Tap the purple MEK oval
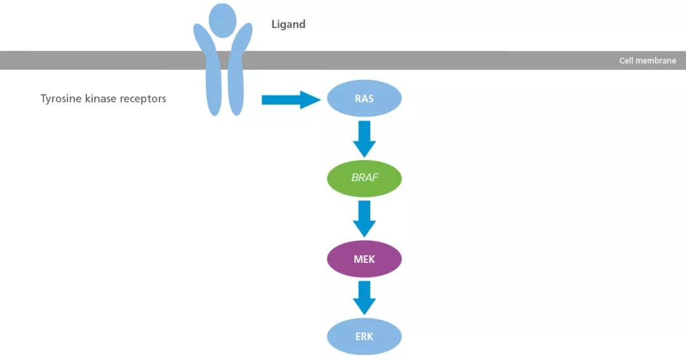pos(364,259)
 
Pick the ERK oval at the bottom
pos(364,337)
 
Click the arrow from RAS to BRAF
pos(364,138)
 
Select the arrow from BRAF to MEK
pos(364,218)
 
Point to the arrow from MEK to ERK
pos(364,297)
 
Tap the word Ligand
pos(288,25)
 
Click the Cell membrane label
pos(647,61)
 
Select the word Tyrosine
pos(61,99)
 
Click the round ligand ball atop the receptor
pos(222,19)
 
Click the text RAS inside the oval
pos(364,99)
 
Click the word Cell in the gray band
pos(626,61)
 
